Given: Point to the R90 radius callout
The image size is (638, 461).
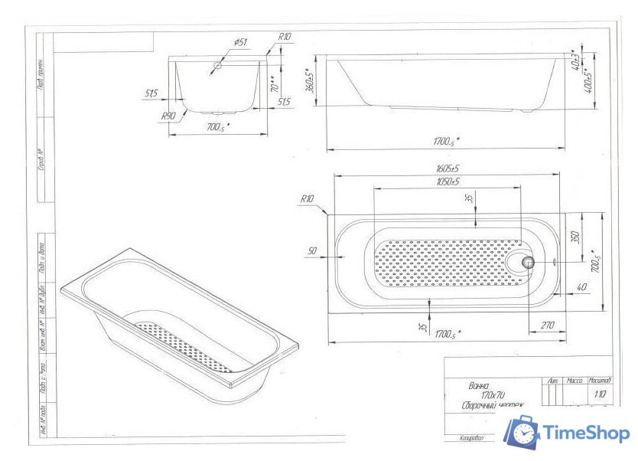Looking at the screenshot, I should point(169,116).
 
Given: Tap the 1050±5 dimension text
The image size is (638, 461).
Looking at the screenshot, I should point(447,181).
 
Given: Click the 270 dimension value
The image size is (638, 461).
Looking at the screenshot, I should point(547,325).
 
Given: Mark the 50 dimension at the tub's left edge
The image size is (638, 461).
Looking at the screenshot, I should point(312,251).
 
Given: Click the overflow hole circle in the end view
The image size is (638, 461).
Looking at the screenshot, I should point(218,67).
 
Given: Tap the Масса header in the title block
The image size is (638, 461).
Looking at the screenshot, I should point(575,380).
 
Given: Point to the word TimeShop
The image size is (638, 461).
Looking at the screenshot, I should point(587,433).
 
